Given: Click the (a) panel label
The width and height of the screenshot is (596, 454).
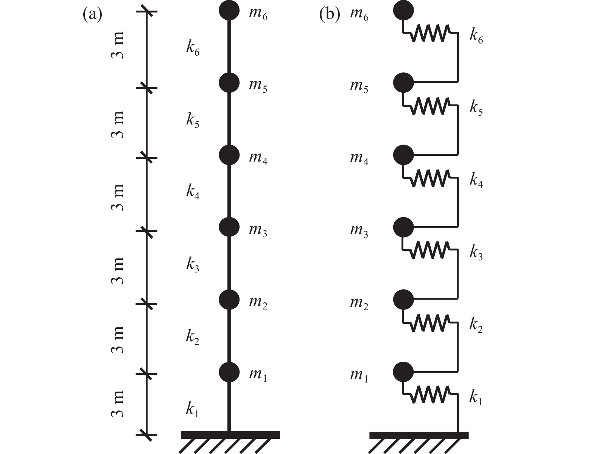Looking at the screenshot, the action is (92, 14).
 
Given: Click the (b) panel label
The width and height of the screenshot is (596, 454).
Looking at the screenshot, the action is (329, 14).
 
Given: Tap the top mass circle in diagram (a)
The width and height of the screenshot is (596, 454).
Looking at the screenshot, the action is (229, 11).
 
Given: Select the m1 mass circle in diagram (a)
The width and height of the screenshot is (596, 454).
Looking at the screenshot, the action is (229, 372).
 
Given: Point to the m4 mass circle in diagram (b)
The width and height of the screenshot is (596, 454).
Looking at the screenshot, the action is (403, 155).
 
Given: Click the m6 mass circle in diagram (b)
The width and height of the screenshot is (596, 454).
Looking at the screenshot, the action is (403, 11).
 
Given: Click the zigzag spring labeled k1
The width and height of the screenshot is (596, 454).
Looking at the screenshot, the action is (430, 394).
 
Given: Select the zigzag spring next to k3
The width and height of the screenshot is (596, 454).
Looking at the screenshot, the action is (430, 250).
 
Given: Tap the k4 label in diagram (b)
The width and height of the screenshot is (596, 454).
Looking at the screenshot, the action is (476, 180).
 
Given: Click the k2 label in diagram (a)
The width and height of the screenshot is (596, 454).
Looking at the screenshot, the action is (193, 337).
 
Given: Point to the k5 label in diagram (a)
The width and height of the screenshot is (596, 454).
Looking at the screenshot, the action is (193, 120).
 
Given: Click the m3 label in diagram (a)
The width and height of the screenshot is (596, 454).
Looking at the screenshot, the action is (258, 231).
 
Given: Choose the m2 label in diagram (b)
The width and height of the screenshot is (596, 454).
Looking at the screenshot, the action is (359, 304).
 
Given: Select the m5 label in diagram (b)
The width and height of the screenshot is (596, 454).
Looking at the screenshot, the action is (359, 87).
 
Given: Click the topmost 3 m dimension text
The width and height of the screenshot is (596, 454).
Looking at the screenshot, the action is (118, 45).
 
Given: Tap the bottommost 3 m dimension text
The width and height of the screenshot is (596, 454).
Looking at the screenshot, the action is (118, 404).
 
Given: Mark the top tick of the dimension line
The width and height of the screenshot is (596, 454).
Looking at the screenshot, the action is (146, 11).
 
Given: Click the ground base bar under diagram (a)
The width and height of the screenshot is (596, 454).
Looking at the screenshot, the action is (230, 435).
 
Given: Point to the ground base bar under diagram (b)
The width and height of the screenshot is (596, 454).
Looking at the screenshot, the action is (419, 435).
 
